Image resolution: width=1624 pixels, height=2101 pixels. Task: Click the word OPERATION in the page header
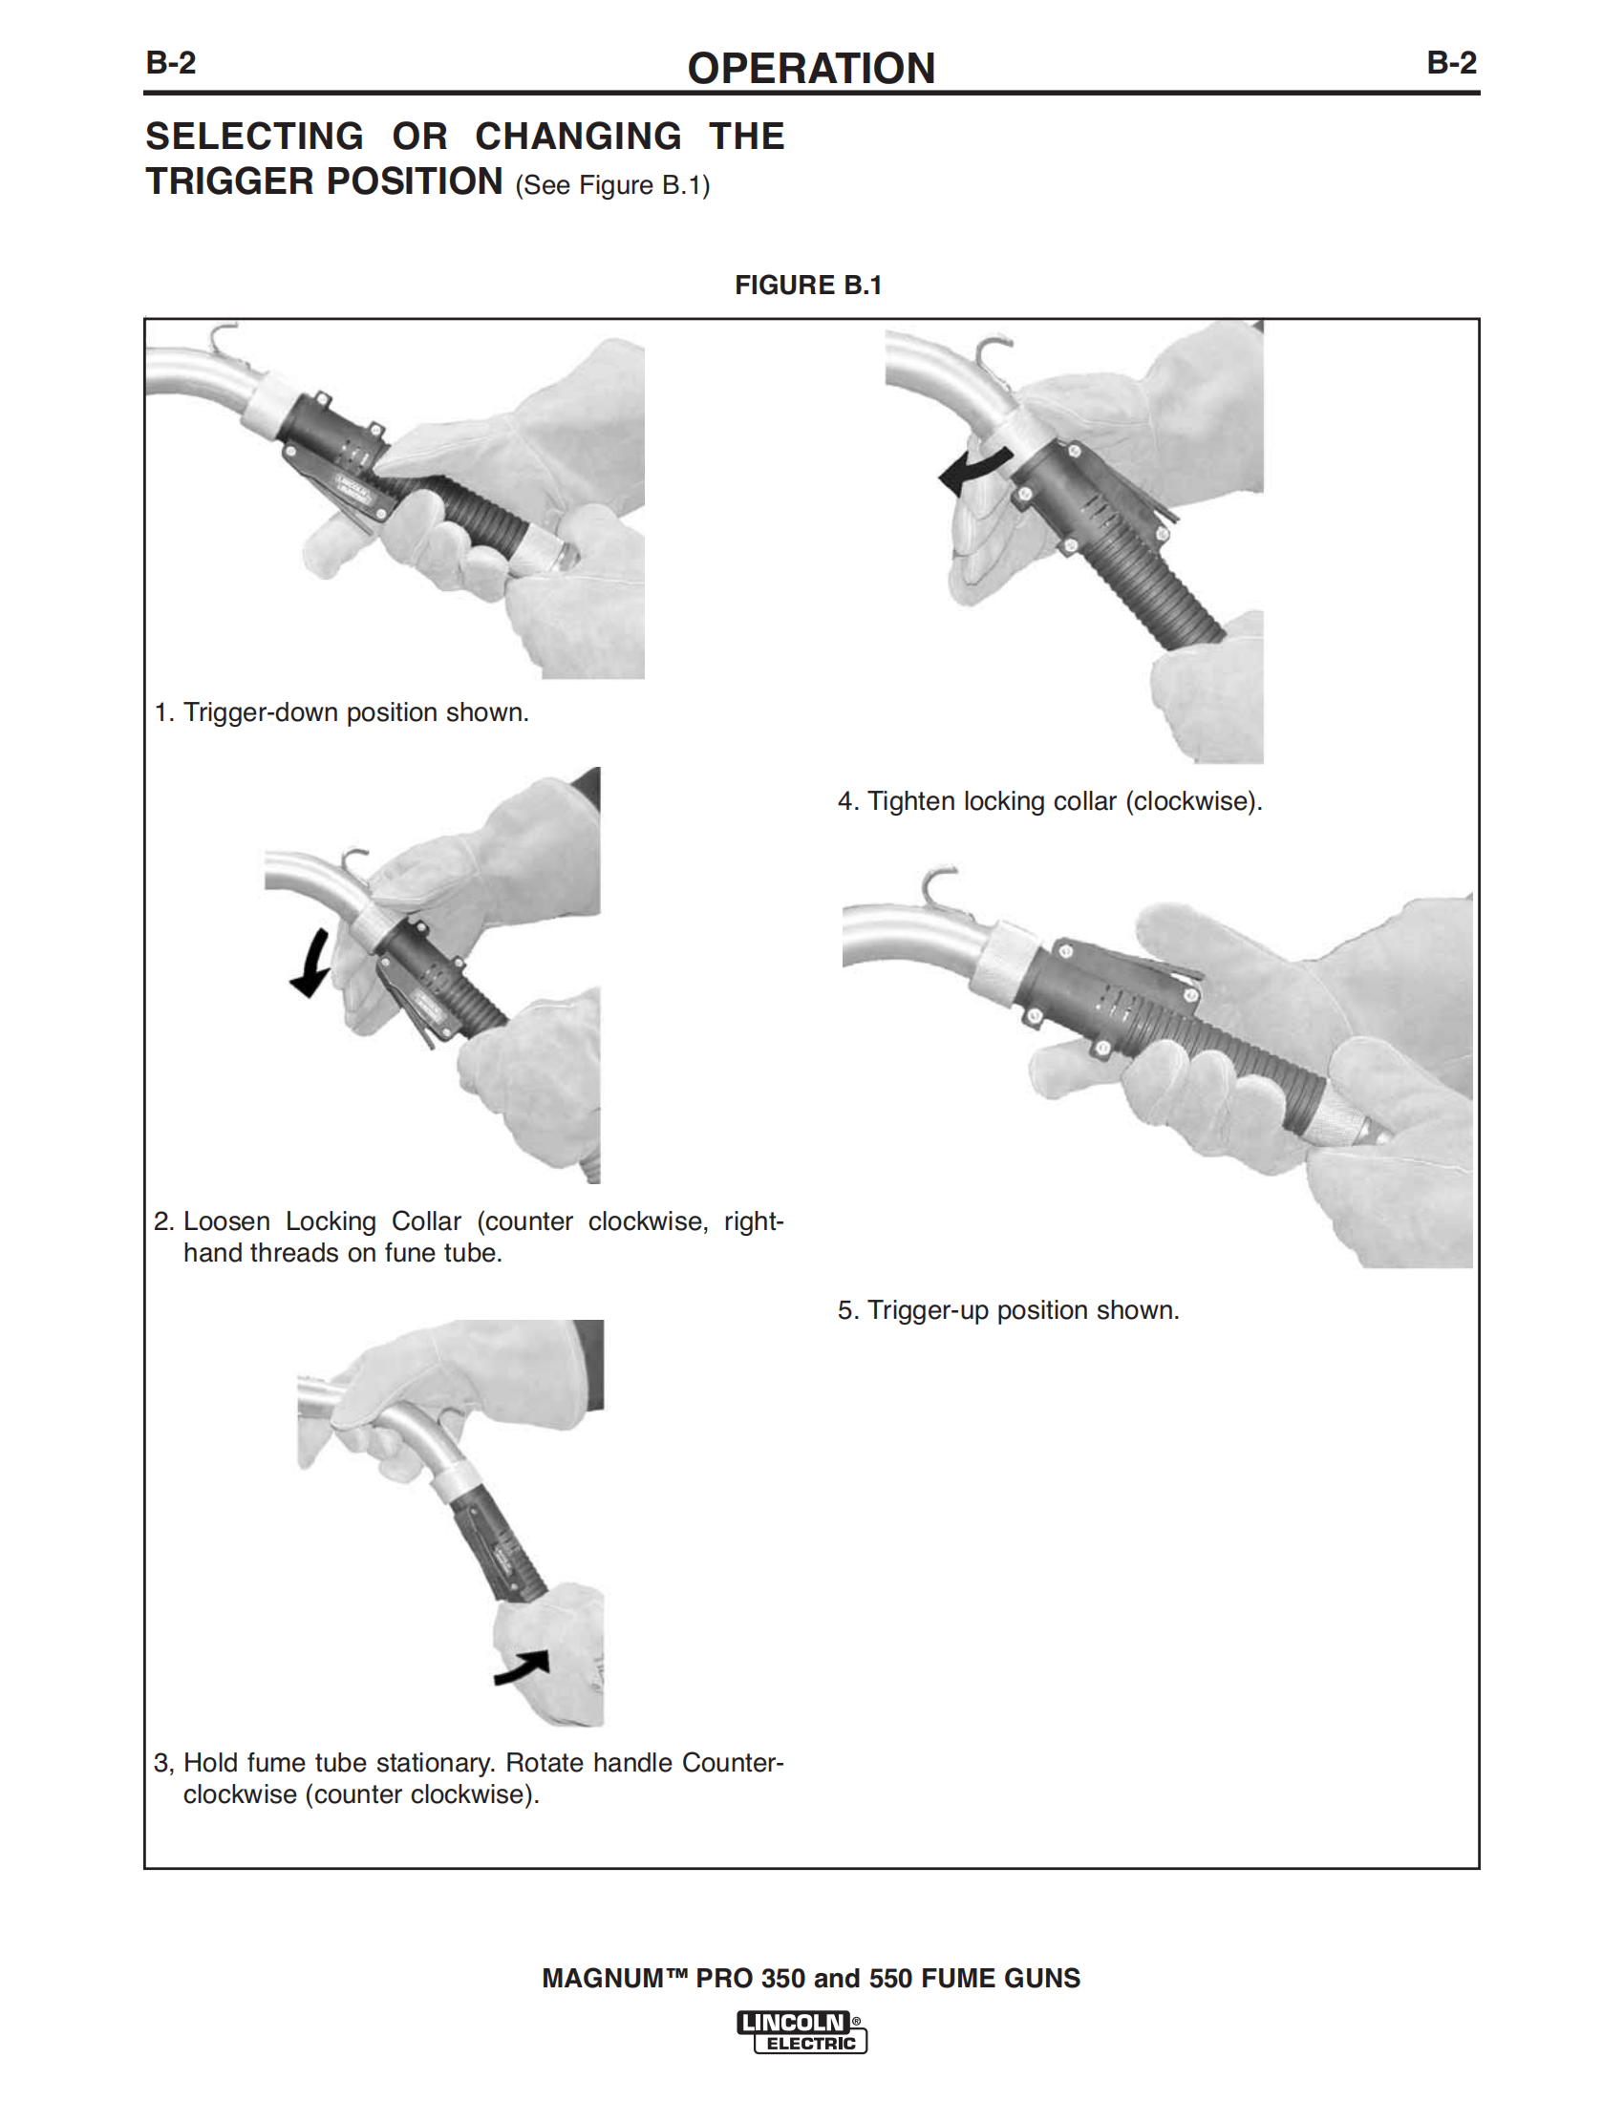pyautogui.click(x=810, y=69)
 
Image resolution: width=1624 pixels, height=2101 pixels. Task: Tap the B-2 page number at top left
pyautogui.click(x=170, y=63)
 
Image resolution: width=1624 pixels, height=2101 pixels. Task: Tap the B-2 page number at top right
pyautogui.click(x=1451, y=63)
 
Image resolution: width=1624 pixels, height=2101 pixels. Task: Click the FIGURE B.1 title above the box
pyautogui.click(x=808, y=285)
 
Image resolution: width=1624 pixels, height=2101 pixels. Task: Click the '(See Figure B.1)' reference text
pyautogui.click(x=612, y=185)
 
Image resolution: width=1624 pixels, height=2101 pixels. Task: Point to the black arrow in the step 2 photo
pyautogui.click(x=310, y=964)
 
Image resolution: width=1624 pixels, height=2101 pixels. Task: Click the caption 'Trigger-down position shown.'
pyautogui.click(x=356, y=712)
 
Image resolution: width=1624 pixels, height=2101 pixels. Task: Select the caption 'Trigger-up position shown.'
pyautogui.click(x=1023, y=1310)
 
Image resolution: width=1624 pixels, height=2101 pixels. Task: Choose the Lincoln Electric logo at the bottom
pyautogui.click(x=802, y=2031)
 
